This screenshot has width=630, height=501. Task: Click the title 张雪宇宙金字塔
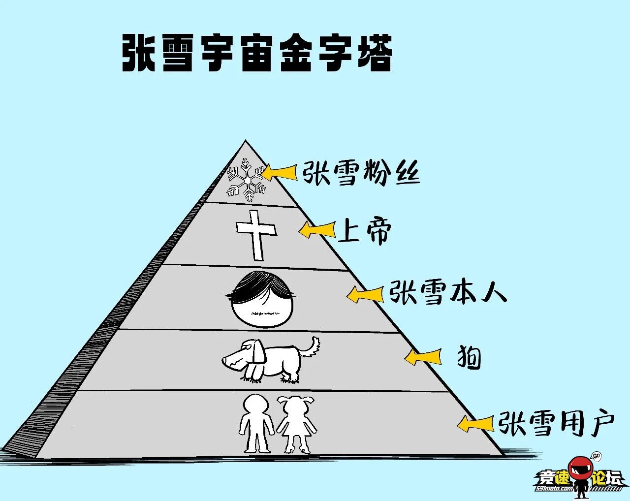pyautogui.click(x=257, y=53)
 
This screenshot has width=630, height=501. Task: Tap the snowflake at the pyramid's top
pyautogui.click(x=247, y=180)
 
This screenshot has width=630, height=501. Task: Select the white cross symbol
pyautogui.click(x=256, y=235)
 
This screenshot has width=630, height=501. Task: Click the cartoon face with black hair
pyautogui.click(x=261, y=299)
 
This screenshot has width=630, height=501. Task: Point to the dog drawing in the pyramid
pyautogui.click(x=270, y=360)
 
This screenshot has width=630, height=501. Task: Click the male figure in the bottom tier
pyautogui.click(x=256, y=423)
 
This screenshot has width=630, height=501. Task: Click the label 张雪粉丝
pyautogui.click(x=361, y=173)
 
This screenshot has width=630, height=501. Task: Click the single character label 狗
pyautogui.click(x=469, y=357)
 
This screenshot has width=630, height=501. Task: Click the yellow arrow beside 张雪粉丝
pyautogui.click(x=280, y=172)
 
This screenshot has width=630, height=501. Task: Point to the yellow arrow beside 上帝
pyautogui.click(x=317, y=229)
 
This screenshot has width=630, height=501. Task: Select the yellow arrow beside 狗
pyautogui.click(x=423, y=356)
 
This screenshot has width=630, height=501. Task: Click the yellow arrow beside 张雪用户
pyautogui.click(x=475, y=423)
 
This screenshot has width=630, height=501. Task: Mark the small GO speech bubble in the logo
pyautogui.click(x=597, y=456)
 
